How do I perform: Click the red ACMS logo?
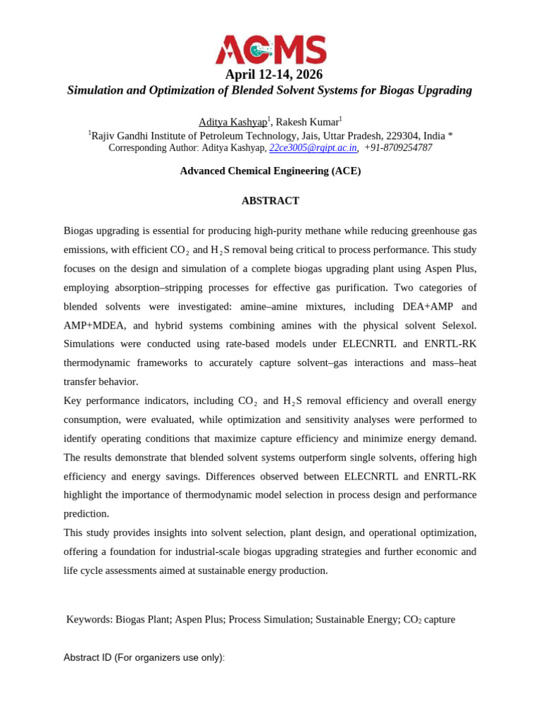pyautogui.click(x=270, y=49)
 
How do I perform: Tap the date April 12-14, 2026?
pyautogui.click(x=273, y=75)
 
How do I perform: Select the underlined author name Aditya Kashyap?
pyautogui.click(x=232, y=122)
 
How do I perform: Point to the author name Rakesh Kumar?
pyautogui.click(x=307, y=122)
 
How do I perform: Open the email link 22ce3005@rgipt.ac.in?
pyautogui.click(x=313, y=148)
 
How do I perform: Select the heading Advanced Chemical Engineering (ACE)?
pyautogui.click(x=270, y=171)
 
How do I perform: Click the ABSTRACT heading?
pyautogui.click(x=270, y=201)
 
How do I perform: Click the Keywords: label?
pyautogui.click(x=89, y=619)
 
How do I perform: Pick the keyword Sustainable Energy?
pyautogui.click(x=356, y=619)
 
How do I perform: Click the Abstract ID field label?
pyautogui.click(x=144, y=657)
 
